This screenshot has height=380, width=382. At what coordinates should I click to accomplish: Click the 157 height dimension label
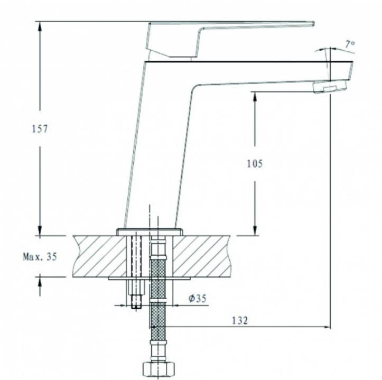click(40, 128)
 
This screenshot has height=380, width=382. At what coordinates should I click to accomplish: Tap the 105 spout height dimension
click(255, 163)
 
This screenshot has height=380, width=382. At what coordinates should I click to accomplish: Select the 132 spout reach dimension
click(239, 320)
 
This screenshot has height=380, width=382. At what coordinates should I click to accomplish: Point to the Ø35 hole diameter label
click(197, 298)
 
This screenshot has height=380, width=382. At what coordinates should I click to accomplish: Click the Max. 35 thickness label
click(40, 256)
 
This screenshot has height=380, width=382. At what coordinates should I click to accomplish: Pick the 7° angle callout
click(350, 44)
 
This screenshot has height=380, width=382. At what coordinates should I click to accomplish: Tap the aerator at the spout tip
click(330, 87)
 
